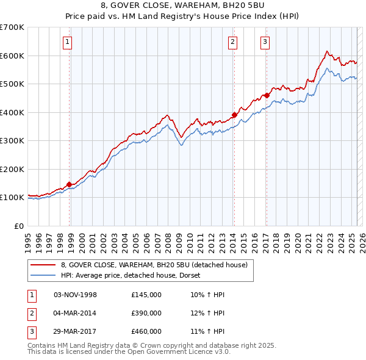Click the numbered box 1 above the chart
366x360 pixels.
coord(66,42)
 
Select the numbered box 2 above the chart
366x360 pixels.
coord(233,42)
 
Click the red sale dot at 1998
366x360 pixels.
coord(70,184)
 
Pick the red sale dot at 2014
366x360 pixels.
coord(234,115)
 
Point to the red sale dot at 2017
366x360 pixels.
coord(267,95)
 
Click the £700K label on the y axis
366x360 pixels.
coord(12,27)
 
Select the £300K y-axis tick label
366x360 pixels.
coord(12,141)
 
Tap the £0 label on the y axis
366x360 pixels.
coord(18,226)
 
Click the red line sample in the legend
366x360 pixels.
coord(44,265)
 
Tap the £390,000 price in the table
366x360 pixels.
coord(146,314)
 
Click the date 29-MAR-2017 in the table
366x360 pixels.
coord(76,332)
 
